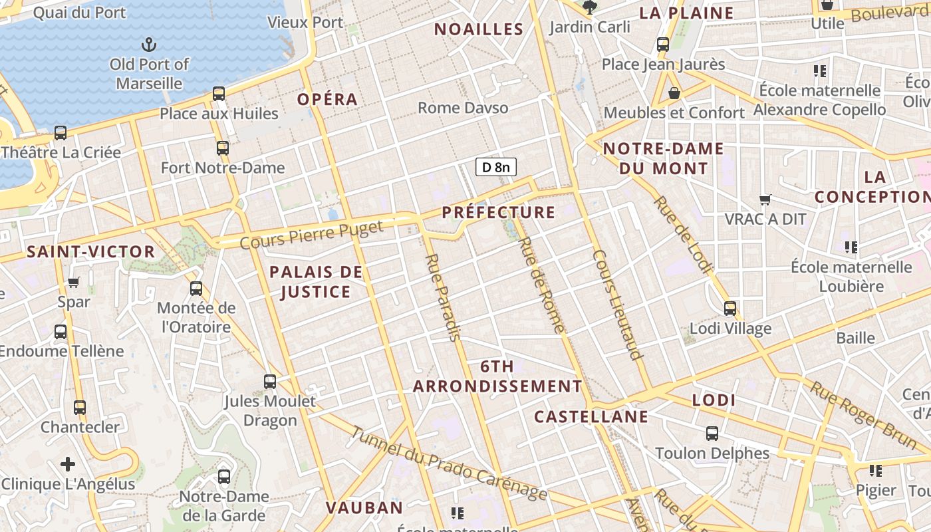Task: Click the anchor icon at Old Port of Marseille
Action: (149, 45)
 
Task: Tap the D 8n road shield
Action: (496, 167)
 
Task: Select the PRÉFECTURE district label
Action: (499, 212)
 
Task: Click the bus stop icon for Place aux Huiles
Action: (219, 94)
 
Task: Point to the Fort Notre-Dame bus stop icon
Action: (222, 148)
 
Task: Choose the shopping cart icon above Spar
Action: (74, 283)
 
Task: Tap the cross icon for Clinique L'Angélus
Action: (68, 464)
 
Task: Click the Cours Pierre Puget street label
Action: (311, 235)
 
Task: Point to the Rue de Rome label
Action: (541, 285)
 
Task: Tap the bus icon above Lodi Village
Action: (730, 309)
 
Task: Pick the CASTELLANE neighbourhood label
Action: (591, 417)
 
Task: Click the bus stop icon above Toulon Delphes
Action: (712, 434)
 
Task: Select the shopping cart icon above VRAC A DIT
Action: (765, 199)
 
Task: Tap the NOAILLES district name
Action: (479, 29)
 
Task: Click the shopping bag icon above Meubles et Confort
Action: (674, 93)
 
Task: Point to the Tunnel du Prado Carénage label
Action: (449, 464)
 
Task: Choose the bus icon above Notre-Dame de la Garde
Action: (224, 477)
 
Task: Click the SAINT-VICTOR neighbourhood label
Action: (90, 252)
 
